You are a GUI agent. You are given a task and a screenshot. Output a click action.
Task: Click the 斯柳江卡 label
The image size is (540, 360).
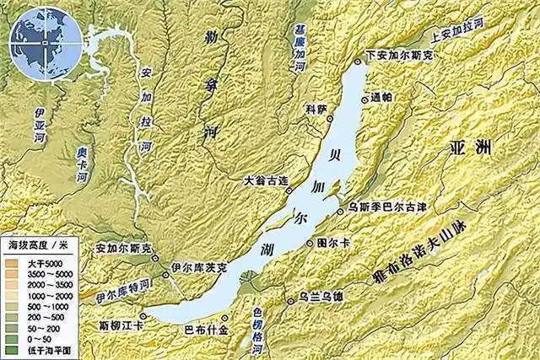pyautogui.click(x=122, y=324)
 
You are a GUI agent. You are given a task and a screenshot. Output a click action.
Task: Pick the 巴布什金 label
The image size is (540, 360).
pyautogui.click(x=206, y=330)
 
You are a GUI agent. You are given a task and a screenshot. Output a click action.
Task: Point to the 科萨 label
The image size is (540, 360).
pyautogui.click(x=316, y=109)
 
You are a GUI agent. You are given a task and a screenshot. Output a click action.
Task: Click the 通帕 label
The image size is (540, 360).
pyautogui.click(x=380, y=98)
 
